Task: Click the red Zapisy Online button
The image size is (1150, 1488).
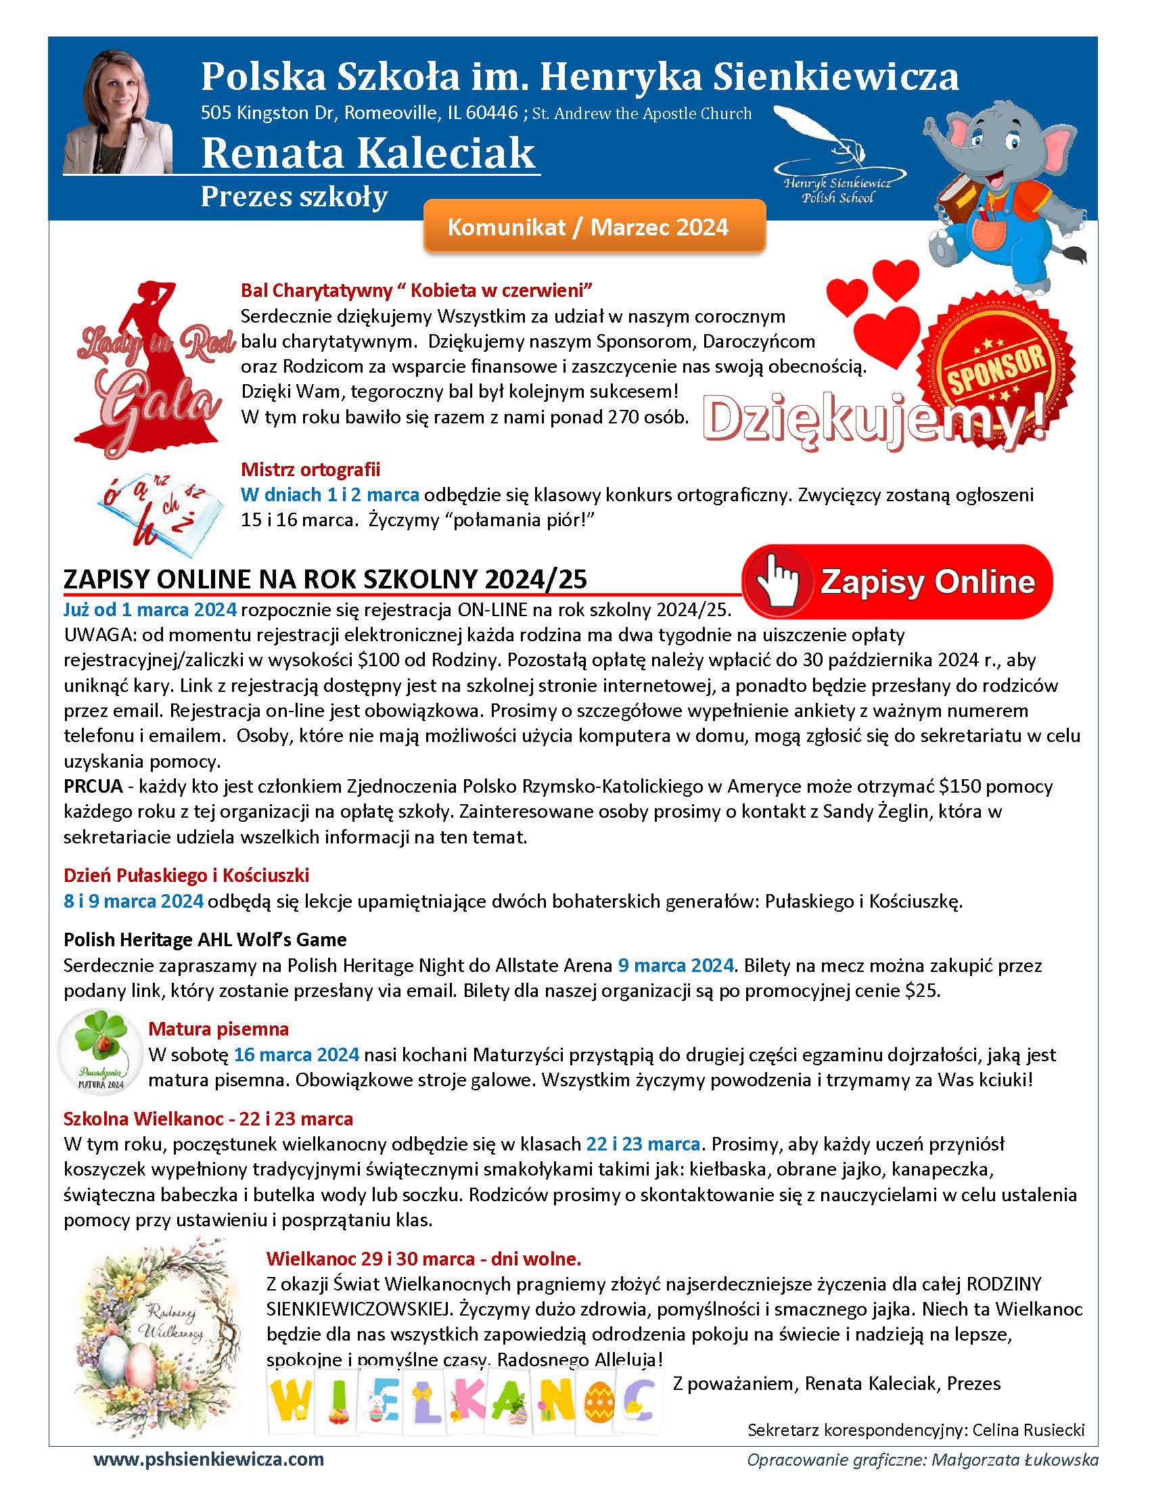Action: click(897, 581)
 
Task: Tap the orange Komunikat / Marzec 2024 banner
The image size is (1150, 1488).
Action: click(594, 227)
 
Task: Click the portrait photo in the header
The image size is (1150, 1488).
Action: click(117, 111)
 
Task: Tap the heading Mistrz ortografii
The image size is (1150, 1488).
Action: click(310, 469)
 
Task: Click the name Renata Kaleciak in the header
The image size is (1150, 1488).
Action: click(368, 153)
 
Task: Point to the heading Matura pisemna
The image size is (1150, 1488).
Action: click(218, 1029)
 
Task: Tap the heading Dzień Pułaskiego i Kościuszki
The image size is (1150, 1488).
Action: click(187, 875)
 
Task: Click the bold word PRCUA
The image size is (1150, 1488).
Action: click(93, 786)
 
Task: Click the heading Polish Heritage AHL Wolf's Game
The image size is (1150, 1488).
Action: click(205, 939)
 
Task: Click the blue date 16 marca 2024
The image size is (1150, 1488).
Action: click(296, 1054)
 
